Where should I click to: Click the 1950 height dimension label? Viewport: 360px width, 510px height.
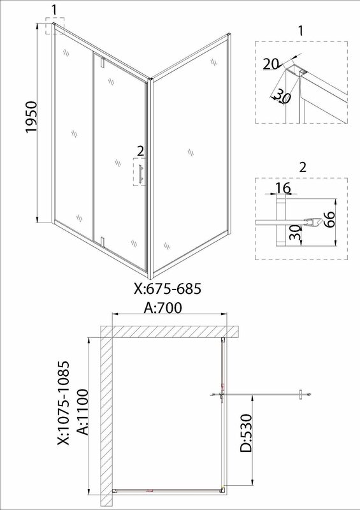tap(32, 117)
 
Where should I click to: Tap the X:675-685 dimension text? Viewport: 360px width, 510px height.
tap(168, 289)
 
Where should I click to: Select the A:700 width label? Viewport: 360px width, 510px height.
tap(162, 308)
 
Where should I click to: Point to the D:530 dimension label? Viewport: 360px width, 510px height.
tap(246, 433)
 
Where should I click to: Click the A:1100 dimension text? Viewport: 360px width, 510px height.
tap(82, 412)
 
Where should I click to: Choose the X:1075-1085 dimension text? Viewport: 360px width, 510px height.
tap(63, 403)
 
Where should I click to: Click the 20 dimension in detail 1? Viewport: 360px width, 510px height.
tap(271, 64)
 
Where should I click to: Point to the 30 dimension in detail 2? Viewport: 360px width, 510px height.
tap(295, 233)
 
